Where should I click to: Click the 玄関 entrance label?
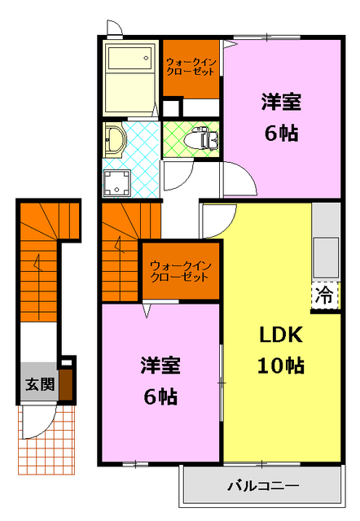click(x=34, y=383)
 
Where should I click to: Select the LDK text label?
click(x=281, y=335)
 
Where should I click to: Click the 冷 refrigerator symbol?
click(x=324, y=294)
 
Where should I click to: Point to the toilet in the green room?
click(x=200, y=139)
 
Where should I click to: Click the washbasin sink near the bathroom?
click(x=112, y=140)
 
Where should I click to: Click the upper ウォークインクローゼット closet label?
click(x=190, y=66)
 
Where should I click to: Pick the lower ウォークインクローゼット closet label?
click(x=181, y=269)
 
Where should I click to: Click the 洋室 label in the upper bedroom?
click(x=281, y=103)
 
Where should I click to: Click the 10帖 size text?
click(x=282, y=366)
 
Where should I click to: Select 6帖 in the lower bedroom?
click(x=160, y=397)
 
